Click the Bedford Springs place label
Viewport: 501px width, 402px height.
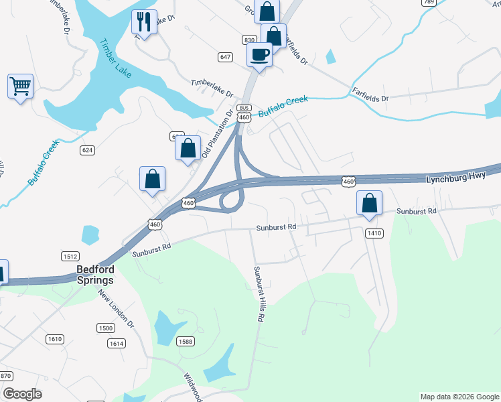click(94, 275)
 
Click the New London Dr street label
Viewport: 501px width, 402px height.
click(116, 308)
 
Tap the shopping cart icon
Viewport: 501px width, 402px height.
click(20, 86)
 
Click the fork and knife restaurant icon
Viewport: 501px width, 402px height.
click(144, 22)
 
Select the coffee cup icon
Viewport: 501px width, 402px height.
click(259, 54)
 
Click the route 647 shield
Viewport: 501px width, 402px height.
click(225, 57)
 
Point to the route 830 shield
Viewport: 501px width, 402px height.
click(249, 40)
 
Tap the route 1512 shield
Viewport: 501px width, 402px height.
click(70, 256)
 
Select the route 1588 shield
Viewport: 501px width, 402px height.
click(186, 342)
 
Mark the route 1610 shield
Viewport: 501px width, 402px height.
click(55, 339)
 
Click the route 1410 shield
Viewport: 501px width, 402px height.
click(374, 232)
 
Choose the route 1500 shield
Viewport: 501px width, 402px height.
click(105, 328)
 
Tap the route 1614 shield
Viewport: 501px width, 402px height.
click(117, 343)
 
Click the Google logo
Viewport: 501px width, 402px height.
click(22, 394)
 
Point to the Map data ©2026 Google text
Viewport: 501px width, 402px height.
click(459, 397)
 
